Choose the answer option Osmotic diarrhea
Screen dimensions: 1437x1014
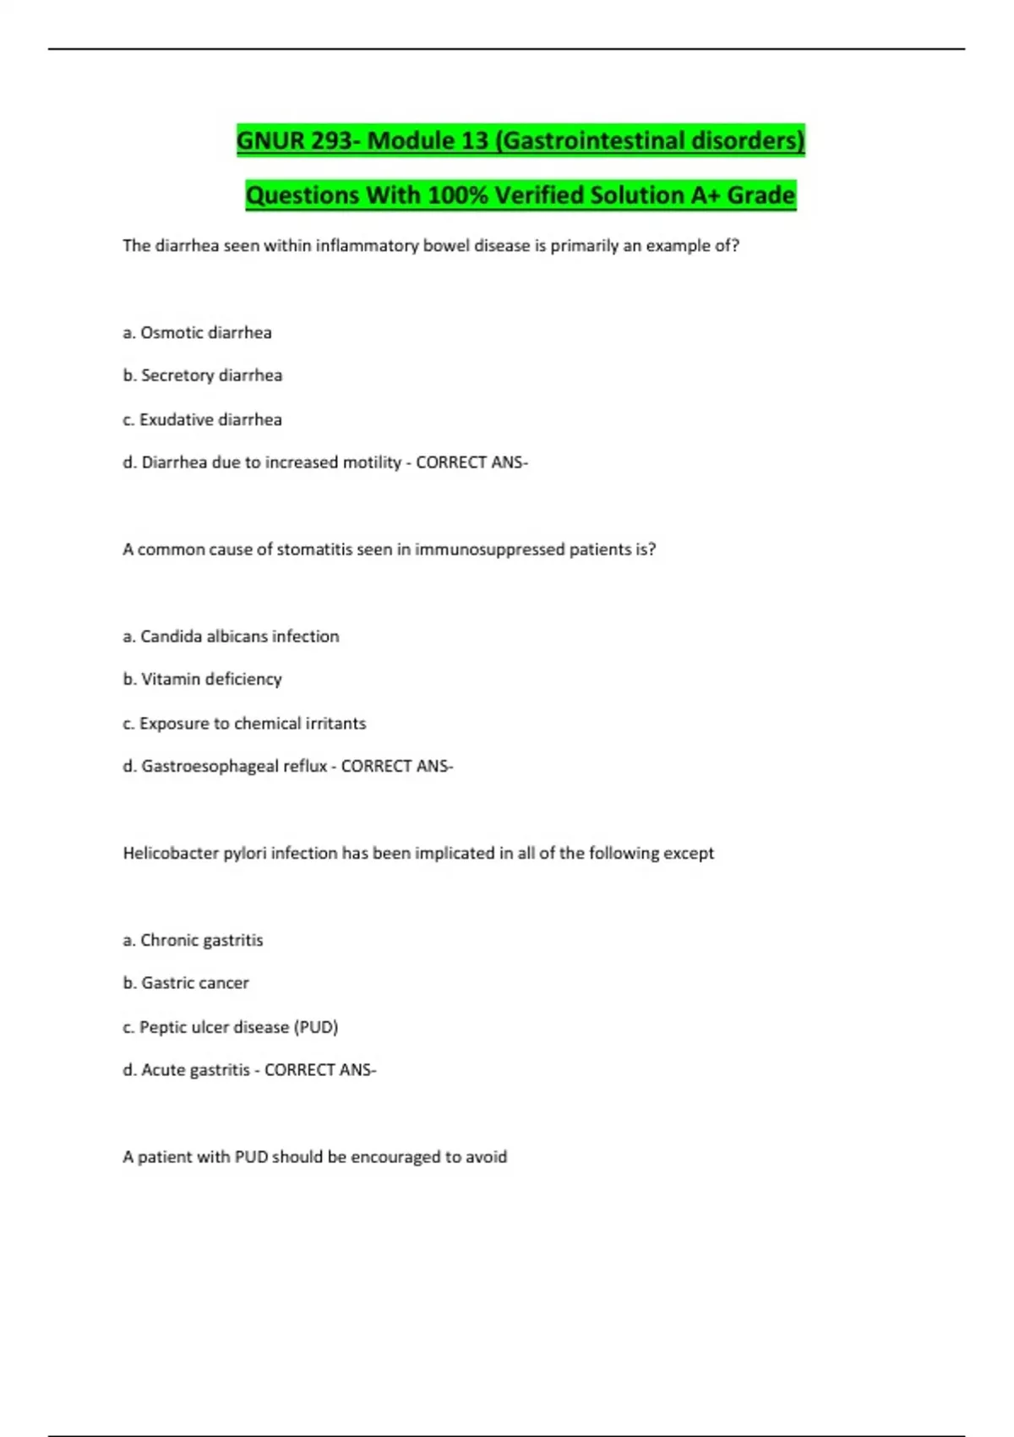[205, 333]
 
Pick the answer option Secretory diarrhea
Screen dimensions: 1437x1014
[211, 375]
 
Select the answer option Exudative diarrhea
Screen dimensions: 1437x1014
[210, 419]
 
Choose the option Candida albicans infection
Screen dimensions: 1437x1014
[239, 637]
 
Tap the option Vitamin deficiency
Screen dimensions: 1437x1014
[211, 679]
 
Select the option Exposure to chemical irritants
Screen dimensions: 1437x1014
[253, 724]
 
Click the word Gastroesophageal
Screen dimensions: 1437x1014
[234, 766]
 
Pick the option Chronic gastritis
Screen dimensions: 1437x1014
[201, 940]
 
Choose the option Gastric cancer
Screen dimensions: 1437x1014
[194, 983]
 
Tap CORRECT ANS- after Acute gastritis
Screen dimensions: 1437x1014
[320, 1070]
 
